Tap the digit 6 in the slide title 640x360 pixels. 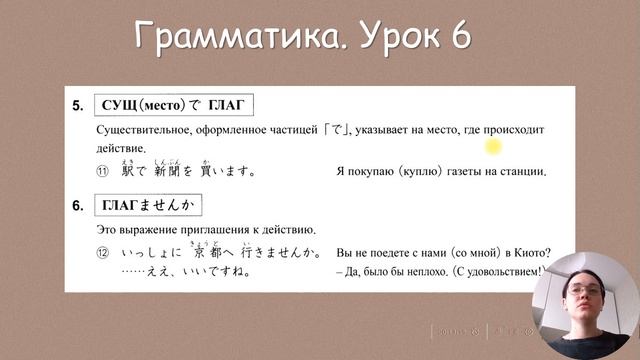coord(459,39)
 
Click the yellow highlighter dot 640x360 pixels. coord(492,148)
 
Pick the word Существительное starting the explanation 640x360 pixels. coord(146,131)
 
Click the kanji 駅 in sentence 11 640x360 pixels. coord(127,171)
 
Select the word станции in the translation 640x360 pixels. coord(522,172)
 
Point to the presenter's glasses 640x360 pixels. coord(582,294)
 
